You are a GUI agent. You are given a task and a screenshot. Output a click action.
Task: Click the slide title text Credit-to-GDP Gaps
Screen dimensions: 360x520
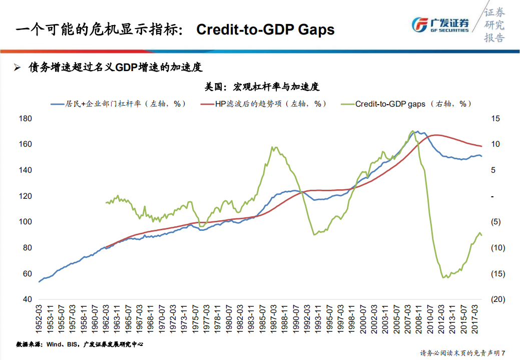[x=265, y=30]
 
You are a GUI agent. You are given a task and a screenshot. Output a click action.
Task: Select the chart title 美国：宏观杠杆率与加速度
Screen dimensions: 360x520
[x=262, y=87]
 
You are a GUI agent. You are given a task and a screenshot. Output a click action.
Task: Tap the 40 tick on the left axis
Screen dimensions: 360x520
[x=27, y=299]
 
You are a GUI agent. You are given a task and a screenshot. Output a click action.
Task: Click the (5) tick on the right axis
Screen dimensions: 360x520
[x=495, y=222]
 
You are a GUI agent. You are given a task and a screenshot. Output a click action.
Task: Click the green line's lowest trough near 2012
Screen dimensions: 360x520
[x=443, y=277]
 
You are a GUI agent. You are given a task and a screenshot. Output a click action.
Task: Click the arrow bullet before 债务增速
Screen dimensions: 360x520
[x=17, y=68]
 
